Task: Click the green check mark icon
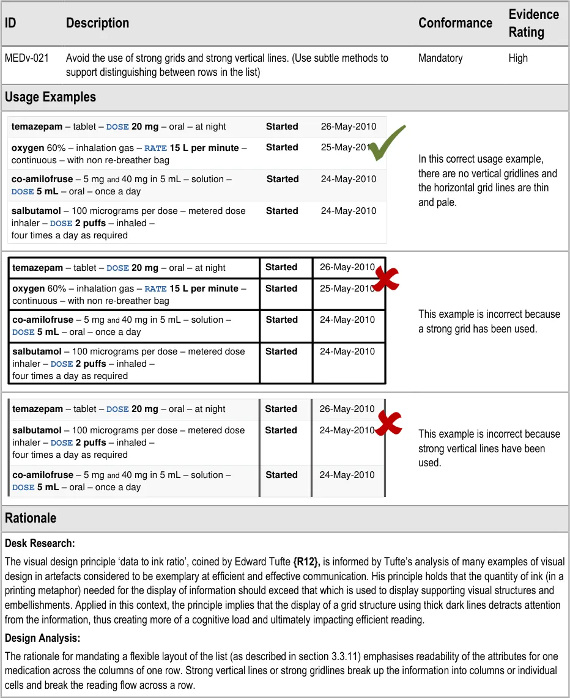point(387,143)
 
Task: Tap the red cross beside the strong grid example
point(385,279)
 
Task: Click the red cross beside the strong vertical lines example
point(388,423)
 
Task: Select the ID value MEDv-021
point(27,59)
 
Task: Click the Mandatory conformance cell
point(440,59)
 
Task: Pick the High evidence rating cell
point(518,59)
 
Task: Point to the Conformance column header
point(455,23)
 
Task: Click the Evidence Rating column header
point(533,23)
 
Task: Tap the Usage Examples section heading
point(50,97)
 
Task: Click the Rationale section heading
point(31,518)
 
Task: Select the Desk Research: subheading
point(40,543)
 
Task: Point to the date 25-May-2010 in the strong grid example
point(347,288)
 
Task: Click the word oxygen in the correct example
point(28,148)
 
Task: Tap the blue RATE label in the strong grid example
point(155,289)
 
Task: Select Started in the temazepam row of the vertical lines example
point(281,409)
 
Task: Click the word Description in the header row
point(97,23)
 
